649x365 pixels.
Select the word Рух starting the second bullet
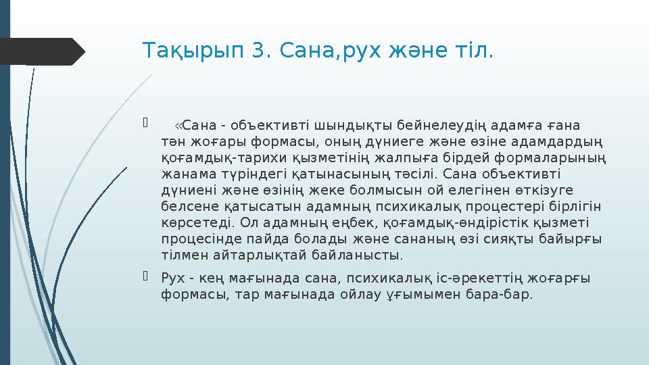click(174, 277)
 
